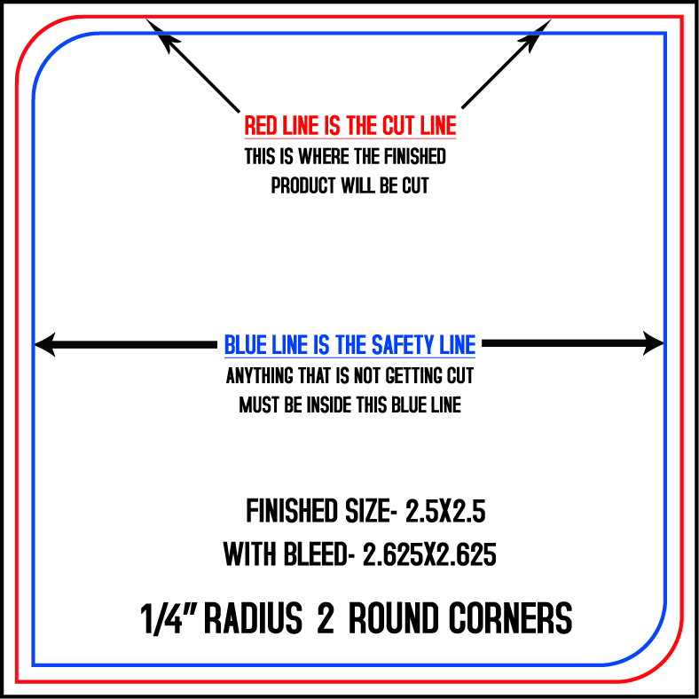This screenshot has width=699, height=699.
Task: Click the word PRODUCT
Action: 303,185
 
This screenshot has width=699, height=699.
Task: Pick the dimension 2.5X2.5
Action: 445,511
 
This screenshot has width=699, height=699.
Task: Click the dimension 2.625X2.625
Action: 429,554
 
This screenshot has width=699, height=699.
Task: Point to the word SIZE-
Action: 371,511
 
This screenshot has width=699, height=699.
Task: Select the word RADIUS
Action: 253,618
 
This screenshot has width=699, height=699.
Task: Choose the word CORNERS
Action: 510,618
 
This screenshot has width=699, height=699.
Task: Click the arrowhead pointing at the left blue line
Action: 45,344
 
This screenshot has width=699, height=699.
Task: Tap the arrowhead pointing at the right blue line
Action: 654,343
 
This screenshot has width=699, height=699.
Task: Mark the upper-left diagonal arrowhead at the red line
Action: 161,35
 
